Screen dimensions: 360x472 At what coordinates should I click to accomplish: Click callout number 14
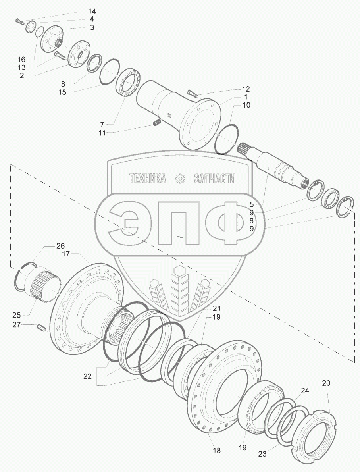pos(92,12)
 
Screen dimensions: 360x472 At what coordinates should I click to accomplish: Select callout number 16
pos(21,59)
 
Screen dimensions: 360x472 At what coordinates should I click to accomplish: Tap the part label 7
pos(102,124)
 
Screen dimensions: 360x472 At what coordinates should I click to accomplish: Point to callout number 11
pos(102,133)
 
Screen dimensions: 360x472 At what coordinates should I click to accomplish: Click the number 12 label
pos(246,89)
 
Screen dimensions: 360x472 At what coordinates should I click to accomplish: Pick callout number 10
pos(246,105)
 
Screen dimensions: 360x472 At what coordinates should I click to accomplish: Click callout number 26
pos(60,246)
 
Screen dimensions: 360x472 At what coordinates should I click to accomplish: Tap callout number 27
pos(17,325)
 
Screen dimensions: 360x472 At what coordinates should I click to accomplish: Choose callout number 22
pos(87,376)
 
